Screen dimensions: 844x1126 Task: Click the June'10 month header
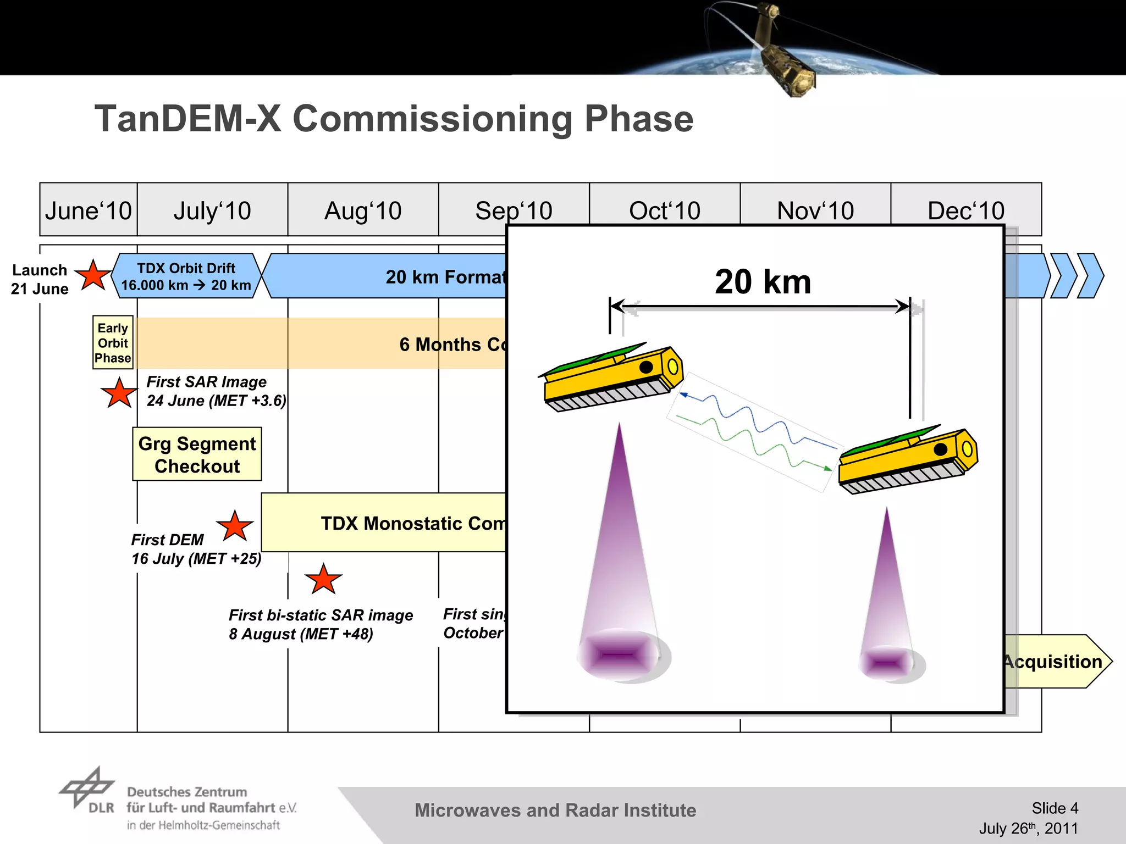89,210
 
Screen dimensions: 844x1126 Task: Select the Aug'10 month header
363,210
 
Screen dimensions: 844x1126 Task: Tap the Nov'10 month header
815,210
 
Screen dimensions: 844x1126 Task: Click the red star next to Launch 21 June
93,276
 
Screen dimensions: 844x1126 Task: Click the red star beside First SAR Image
119,394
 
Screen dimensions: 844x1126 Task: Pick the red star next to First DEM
235,526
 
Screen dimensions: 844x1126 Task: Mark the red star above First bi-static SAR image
323,580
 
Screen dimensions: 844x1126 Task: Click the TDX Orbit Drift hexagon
186,276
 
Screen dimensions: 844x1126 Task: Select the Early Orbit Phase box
113,342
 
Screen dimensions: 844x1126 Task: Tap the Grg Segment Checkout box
197,454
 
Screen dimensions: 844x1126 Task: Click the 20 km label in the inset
763,282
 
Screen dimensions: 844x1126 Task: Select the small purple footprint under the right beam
886,663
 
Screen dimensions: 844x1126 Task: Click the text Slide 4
1055,808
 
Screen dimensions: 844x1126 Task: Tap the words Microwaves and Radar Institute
555,810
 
